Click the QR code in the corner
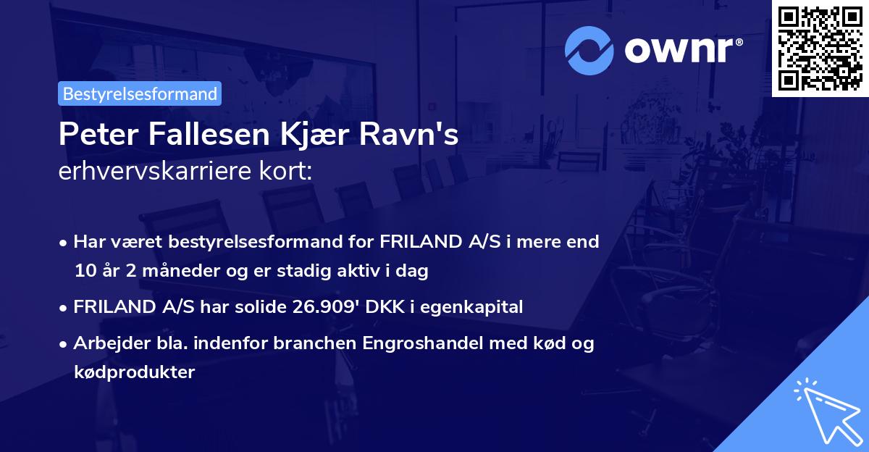pyautogui.click(x=820, y=48)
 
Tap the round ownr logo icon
pyautogui.click(x=589, y=50)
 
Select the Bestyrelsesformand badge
pyautogui.click(x=140, y=93)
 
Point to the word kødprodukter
pyautogui.click(x=134, y=372)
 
